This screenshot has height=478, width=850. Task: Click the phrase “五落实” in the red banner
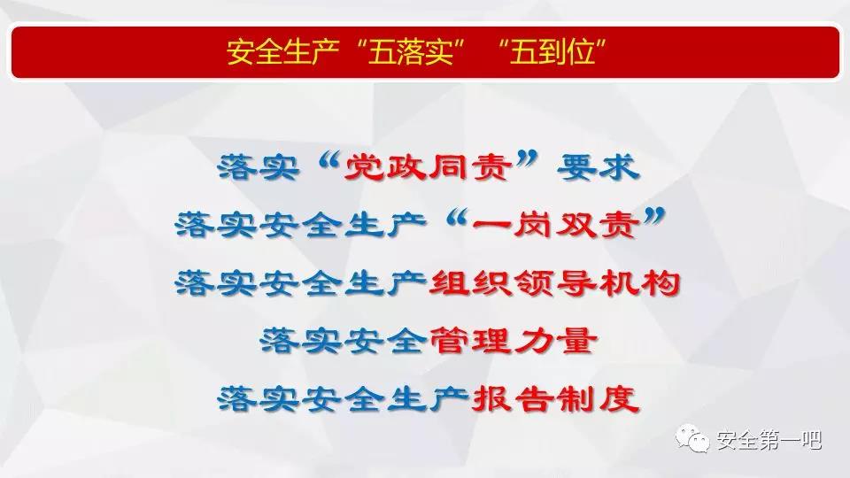411,52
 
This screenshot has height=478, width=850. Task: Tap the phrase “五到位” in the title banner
552,52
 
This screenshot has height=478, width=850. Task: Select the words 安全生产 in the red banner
283,52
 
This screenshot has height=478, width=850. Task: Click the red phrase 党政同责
429,167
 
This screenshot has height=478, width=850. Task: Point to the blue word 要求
599,167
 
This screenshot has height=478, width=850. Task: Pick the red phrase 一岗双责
555,224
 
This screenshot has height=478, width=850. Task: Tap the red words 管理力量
513,341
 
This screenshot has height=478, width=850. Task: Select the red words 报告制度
555,399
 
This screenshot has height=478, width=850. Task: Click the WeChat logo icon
692,438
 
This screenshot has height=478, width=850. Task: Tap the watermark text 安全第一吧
769,440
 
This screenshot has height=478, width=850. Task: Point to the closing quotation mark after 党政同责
528,159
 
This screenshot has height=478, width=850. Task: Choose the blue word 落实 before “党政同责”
259,167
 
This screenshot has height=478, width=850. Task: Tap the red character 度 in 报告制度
620,399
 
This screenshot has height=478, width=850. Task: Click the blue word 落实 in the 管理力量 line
301,341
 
